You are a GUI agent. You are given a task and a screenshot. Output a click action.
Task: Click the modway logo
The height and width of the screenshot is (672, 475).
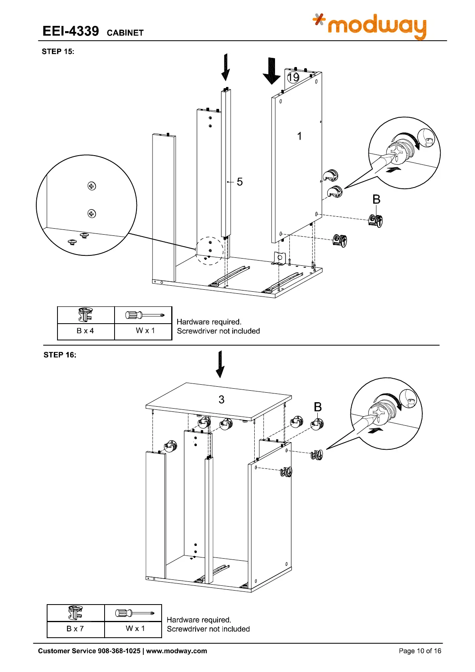coord(370,26)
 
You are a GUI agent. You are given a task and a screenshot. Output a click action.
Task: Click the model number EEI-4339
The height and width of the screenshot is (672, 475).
coord(71,31)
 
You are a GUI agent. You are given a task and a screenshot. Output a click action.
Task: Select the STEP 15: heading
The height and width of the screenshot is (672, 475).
coord(58,51)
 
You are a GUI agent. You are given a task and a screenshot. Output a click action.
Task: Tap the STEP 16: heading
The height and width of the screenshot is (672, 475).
coord(60,355)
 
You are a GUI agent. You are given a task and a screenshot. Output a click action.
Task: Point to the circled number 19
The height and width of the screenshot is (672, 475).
coord(293,77)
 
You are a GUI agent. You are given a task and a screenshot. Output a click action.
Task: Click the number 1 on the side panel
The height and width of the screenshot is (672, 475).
coord(299,136)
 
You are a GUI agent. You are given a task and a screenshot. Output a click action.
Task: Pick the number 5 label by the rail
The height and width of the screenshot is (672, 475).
coord(239,182)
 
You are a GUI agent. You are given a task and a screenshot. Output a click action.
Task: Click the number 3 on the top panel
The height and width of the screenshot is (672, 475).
coord(222,399)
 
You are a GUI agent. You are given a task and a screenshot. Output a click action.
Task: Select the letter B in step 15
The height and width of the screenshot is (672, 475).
coord(376,199)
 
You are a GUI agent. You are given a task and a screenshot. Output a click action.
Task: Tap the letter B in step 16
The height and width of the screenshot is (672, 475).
coord(318,407)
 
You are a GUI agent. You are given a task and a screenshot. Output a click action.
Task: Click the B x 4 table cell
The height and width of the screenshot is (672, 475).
coord(85,331)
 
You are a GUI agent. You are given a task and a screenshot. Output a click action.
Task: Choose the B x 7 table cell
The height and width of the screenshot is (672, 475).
coord(75,629)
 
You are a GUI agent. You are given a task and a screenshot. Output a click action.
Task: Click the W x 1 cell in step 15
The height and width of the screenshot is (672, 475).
coord(145,330)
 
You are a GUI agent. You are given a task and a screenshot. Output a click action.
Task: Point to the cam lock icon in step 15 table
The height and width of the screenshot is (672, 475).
coord(86,314)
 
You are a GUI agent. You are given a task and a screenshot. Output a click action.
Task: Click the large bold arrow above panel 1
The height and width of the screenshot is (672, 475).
coord(272,71)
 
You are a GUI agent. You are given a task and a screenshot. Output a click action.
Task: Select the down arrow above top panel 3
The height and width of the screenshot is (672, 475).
coord(220,364)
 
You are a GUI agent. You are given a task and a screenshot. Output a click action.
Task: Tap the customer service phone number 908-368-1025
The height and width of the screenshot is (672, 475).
coord(119,651)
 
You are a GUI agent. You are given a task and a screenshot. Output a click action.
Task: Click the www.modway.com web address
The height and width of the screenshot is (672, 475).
coord(176,651)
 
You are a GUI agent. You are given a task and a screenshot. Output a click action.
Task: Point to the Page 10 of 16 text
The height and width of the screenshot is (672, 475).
coord(420,651)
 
